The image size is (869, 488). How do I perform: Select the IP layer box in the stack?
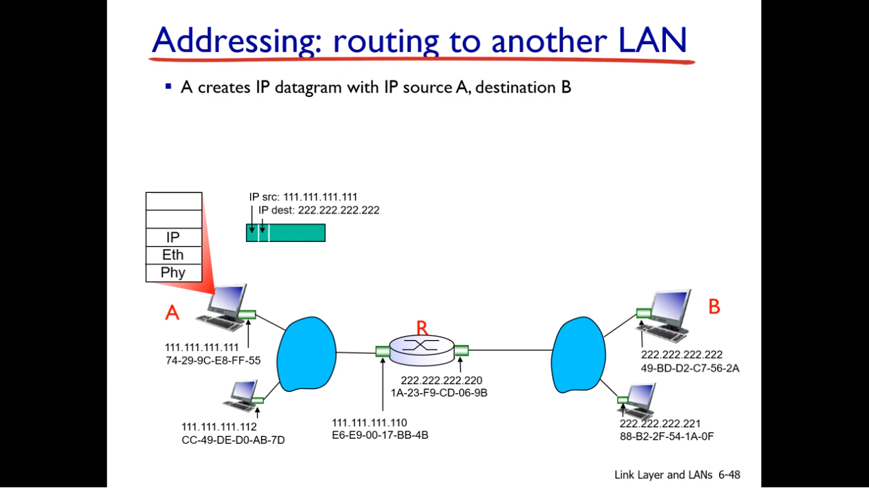pyautogui.click(x=173, y=237)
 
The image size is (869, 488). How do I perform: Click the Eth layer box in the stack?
pyautogui.click(x=173, y=255)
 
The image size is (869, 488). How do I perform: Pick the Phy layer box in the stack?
pyautogui.click(x=173, y=272)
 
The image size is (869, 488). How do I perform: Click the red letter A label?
pyautogui.click(x=172, y=313)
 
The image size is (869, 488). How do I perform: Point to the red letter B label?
pyautogui.click(x=714, y=306)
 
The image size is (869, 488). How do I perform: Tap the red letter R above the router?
pyautogui.click(x=422, y=328)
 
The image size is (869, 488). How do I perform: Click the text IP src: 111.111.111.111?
pyautogui.click(x=303, y=197)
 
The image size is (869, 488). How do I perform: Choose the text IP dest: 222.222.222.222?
pyautogui.click(x=318, y=210)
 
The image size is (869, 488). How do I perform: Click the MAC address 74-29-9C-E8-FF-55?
pyautogui.click(x=213, y=360)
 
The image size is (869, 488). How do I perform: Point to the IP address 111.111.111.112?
pyautogui.click(x=219, y=426)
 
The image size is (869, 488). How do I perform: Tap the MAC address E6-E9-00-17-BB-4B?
pyautogui.click(x=380, y=435)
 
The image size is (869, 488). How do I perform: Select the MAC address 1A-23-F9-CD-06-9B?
pyautogui.click(x=439, y=393)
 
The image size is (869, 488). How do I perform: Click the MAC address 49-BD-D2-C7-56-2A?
pyautogui.click(x=690, y=368)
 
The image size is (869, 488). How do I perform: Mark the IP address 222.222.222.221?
pyautogui.click(x=660, y=424)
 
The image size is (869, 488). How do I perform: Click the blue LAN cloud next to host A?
pyautogui.click(x=306, y=353)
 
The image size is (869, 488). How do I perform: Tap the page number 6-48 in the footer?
pyautogui.click(x=729, y=475)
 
